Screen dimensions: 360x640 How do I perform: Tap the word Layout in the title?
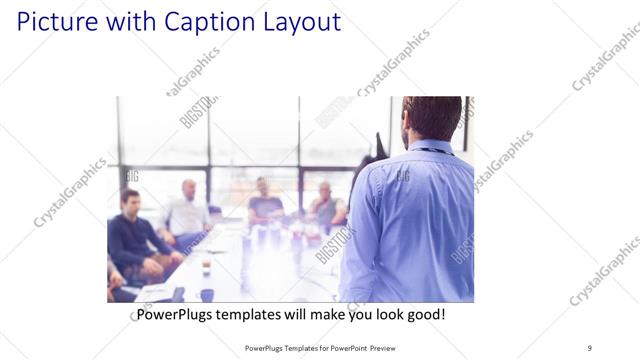pos(290,21)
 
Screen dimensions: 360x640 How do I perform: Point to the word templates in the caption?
pos(263,314)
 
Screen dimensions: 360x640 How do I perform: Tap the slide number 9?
pos(589,347)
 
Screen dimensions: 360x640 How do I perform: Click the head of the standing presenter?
pos(433,118)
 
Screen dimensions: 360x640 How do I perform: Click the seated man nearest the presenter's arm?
pos(325,204)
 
